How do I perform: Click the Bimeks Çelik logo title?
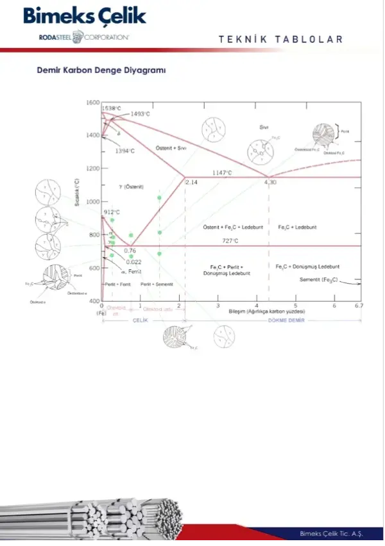pyautogui.click(x=85, y=17)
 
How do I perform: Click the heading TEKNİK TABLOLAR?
pyautogui.click(x=281, y=40)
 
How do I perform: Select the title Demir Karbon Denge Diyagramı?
pyautogui.click(x=101, y=71)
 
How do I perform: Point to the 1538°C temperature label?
pyautogui.click(x=112, y=108)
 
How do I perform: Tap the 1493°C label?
pyautogui.click(x=140, y=114)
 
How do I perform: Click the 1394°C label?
pyautogui.click(x=124, y=151)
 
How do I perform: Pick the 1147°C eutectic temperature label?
pyautogui.click(x=223, y=173)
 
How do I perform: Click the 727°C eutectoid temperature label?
pyautogui.click(x=230, y=241)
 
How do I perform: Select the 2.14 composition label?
pyautogui.click(x=192, y=183)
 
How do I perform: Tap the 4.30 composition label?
pyautogui.click(x=270, y=183)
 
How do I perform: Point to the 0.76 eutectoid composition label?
pyautogui.click(x=130, y=251)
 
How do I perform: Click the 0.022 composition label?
pyautogui.click(x=133, y=261)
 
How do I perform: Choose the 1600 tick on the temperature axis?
pyautogui.click(x=92, y=103)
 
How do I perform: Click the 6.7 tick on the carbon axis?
pyautogui.click(x=359, y=306)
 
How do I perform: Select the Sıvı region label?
pyautogui.click(x=263, y=127)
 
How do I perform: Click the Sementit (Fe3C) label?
pyautogui.click(x=318, y=280)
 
